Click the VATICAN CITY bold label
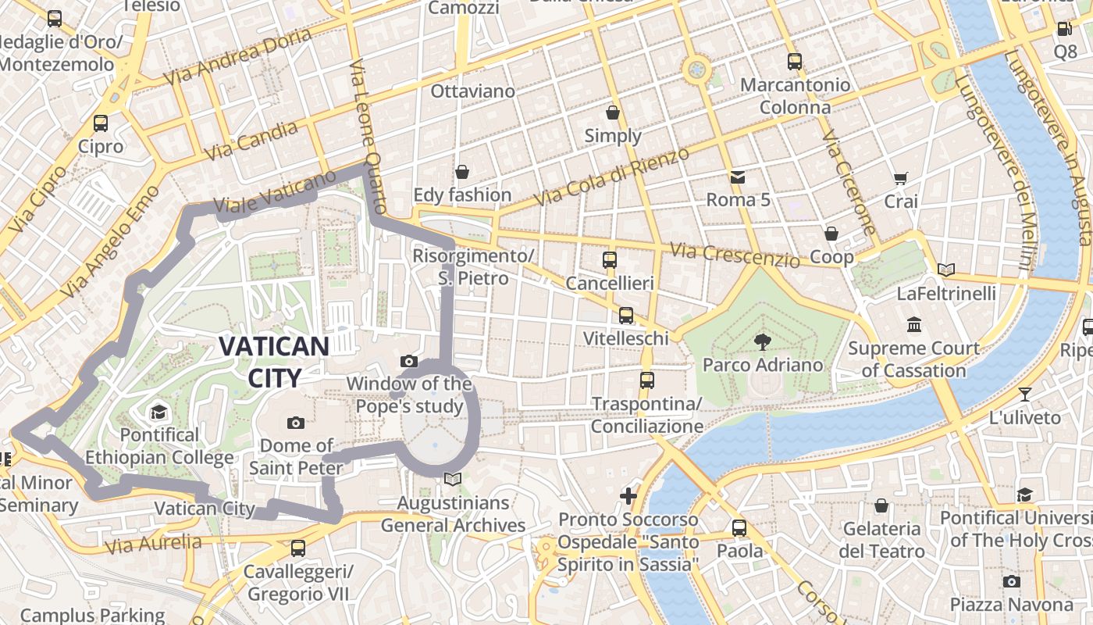point(273,362)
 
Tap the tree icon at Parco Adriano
point(762,341)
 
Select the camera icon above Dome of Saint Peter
point(296,423)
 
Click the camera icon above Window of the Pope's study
point(408,361)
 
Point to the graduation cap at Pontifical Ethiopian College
point(158,412)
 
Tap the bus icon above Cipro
point(101,123)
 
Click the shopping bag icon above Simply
point(613,112)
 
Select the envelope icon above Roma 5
point(738,177)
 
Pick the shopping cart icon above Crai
point(900,179)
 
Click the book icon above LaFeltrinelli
point(946,270)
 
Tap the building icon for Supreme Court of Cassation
point(913,324)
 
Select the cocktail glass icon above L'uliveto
point(1024,395)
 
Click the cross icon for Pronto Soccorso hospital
point(628,495)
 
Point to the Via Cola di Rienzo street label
point(613,177)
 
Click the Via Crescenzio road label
point(735,255)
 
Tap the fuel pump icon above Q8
point(1064,29)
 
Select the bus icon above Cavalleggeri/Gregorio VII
point(297,548)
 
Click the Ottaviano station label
point(473,91)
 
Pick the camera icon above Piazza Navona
point(1011,581)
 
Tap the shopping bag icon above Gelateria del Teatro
point(881,505)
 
